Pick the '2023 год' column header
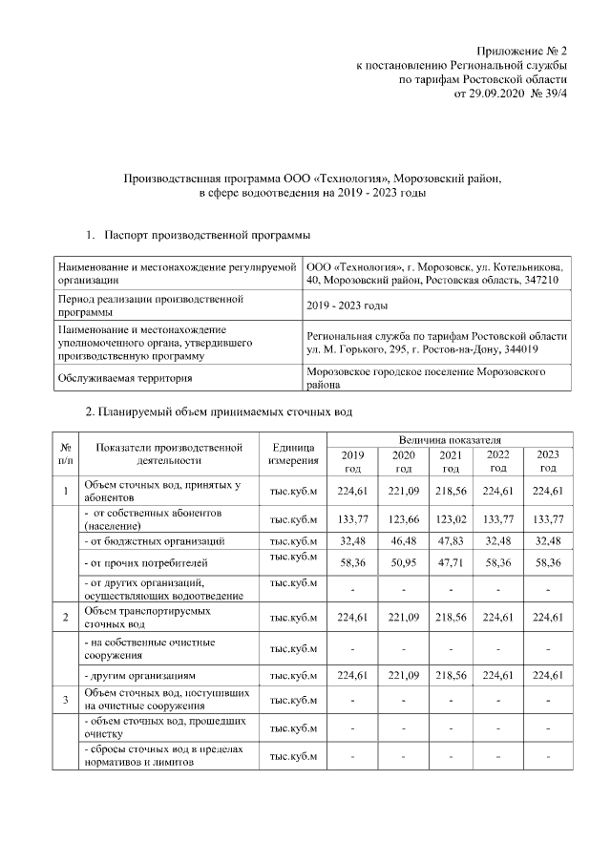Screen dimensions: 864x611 pyautogui.click(x=548, y=461)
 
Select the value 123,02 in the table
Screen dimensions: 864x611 pyautogui.click(x=451, y=519)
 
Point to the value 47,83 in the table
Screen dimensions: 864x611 pyautogui.click(x=451, y=541)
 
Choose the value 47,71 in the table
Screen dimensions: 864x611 pyautogui.click(x=451, y=564)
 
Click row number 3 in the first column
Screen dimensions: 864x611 pyautogui.click(x=65, y=700)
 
